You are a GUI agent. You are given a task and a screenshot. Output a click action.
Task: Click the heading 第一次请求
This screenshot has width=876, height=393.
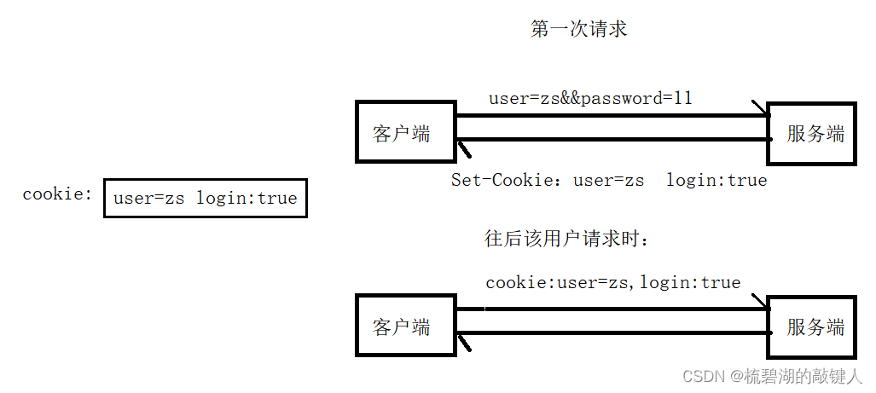[x=578, y=29]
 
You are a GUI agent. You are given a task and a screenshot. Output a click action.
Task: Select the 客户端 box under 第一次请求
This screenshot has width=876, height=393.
[x=405, y=132]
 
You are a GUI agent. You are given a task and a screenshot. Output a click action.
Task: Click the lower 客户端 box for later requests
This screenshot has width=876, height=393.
[x=405, y=327]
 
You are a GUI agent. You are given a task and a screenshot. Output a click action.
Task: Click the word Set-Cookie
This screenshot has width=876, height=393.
[x=501, y=180]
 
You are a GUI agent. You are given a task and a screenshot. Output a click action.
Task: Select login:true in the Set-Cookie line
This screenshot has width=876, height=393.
[x=716, y=180]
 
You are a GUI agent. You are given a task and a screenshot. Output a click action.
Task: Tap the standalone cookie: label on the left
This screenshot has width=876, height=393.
[x=56, y=194]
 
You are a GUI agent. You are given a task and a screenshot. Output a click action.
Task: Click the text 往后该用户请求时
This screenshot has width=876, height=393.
[x=567, y=240]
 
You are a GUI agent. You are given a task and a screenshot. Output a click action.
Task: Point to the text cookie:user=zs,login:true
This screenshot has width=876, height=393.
[x=612, y=282]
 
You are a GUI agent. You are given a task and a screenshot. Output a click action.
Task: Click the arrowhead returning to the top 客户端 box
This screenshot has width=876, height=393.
[x=464, y=148]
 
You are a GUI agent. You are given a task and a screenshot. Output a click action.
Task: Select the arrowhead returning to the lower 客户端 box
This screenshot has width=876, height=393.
[x=464, y=342]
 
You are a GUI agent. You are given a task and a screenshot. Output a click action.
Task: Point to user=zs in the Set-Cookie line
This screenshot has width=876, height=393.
[x=608, y=180]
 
